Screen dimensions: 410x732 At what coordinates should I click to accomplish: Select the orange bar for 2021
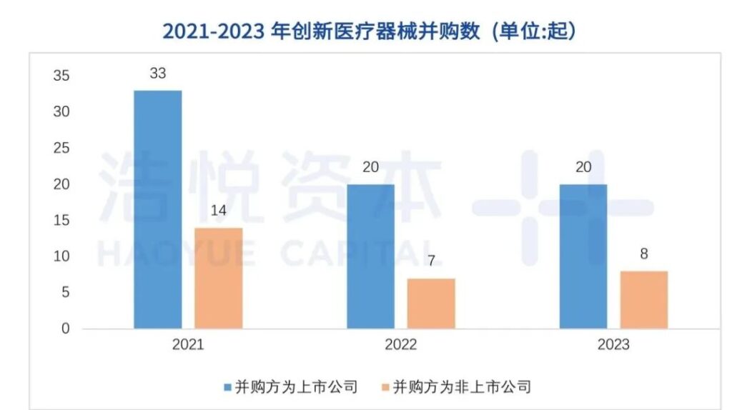[x=218, y=278]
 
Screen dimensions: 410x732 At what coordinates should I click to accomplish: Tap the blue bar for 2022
[x=371, y=256]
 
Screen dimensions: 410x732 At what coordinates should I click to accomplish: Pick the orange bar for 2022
[x=431, y=304]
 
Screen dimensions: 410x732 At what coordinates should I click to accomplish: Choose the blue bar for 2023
[x=583, y=256]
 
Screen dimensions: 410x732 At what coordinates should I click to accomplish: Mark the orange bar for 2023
[x=643, y=300]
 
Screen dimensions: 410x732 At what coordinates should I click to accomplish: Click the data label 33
[x=158, y=74]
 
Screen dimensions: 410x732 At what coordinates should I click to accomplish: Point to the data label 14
[x=218, y=211]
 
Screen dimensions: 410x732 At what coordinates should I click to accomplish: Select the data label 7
[x=431, y=262]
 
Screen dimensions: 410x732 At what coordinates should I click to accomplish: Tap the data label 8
[x=643, y=255]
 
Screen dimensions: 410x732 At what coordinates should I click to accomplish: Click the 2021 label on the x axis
[x=188, y=345]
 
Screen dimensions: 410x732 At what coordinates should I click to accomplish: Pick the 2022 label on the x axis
[x=401, y=345]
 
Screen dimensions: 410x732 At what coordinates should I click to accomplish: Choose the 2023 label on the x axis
[x=613, y=345]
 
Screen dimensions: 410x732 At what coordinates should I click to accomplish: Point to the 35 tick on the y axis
[x=63, y=76]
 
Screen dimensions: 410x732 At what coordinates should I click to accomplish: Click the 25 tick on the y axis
[x=63, y=148]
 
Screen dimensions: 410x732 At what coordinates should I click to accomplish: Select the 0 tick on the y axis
[x=66, y=329]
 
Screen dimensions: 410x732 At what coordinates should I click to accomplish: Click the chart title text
[x=369, y=31]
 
